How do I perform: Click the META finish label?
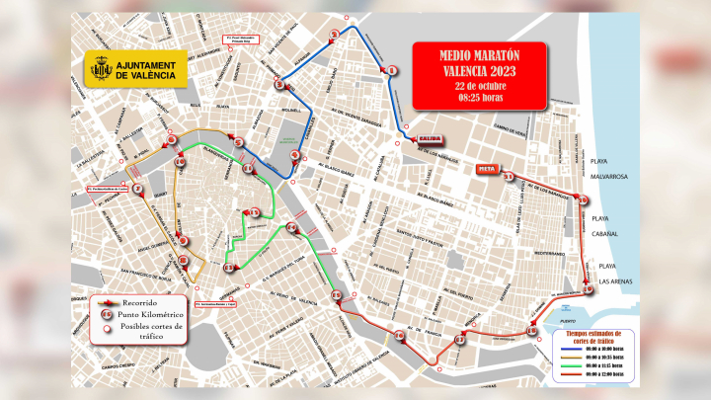point(486,169)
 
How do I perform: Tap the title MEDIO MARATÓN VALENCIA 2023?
point(478,61)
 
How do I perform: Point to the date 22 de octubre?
point(478,85)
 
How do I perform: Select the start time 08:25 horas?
point(478,97)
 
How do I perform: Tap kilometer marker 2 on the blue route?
point(335,36)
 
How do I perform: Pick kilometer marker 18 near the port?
point(531,331)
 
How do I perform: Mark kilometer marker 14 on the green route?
point(292,228)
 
